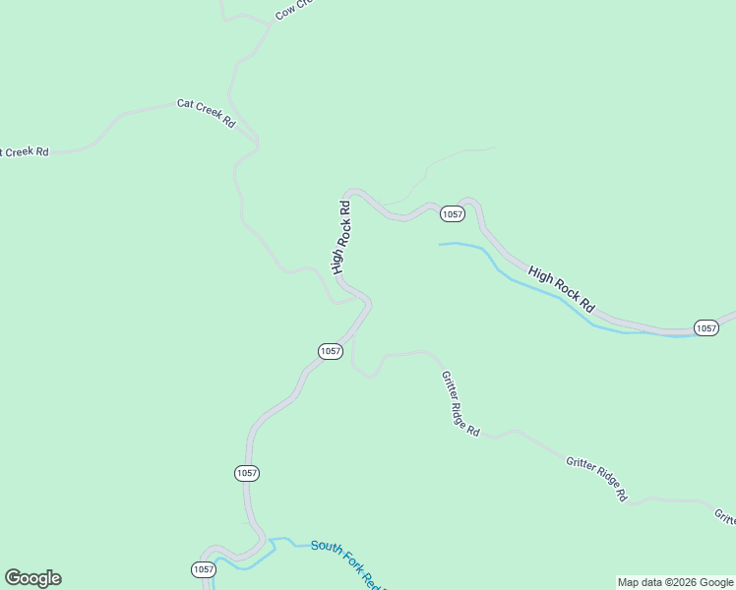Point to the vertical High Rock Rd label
coord(341,237)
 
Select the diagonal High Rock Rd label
coord(562,288)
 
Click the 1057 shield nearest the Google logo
coord(203,569)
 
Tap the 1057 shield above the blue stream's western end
coord(452,213)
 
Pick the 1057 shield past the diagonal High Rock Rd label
coord(705,327)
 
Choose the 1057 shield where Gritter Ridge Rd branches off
coord(331,351)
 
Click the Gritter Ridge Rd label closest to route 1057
coord(460,403)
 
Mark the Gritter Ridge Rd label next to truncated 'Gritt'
coord(596,478)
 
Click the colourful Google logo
coord(32,578)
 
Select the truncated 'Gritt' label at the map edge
coord(724,515)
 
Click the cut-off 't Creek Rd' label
coord(24,152)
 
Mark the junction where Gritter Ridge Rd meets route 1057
coord(353,333)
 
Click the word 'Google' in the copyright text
coord(713,582)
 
